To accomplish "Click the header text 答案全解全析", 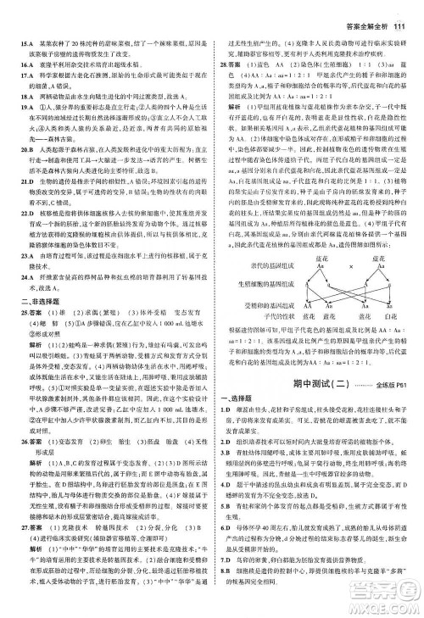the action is click(364, 9).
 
